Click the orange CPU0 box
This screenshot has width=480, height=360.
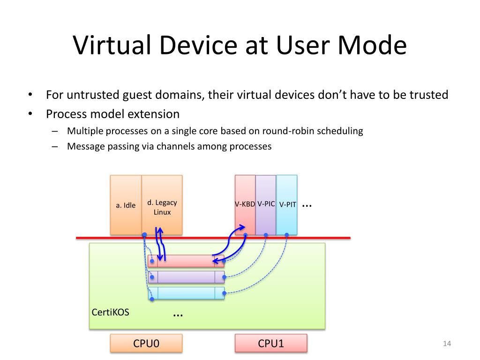146,343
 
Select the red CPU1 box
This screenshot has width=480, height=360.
271,343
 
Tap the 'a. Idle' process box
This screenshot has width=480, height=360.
126,205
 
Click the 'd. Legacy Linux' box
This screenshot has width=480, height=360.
162,205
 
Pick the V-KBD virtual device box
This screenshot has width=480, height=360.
245,204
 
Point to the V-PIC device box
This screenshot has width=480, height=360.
266,204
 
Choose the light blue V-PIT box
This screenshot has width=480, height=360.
287,204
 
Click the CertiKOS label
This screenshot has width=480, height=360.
110,312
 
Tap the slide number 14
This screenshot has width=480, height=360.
446,345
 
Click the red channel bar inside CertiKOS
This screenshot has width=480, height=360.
186,261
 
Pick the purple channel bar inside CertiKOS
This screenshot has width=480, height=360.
186,277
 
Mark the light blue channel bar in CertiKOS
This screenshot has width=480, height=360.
186,293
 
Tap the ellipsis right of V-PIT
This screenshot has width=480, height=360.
307,205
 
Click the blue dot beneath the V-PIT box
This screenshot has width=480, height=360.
286,235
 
